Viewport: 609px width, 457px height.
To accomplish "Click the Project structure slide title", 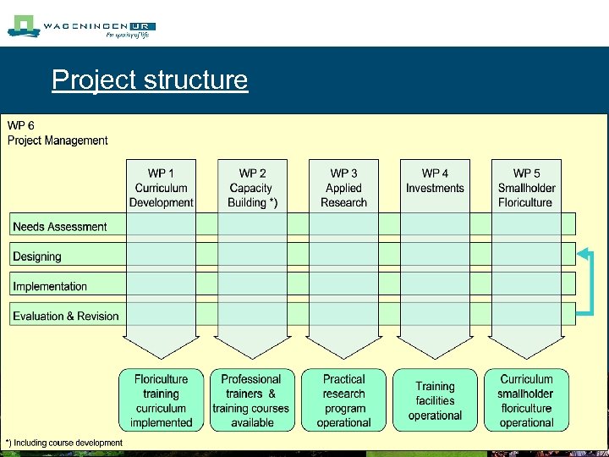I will coord(150,80).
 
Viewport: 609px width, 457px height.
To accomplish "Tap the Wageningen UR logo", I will coord(81,27).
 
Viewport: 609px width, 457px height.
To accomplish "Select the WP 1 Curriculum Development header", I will coord(161,188).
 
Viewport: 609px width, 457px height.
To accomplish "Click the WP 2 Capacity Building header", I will coord(252,188).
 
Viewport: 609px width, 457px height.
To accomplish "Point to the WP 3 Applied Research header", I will coord(343,188).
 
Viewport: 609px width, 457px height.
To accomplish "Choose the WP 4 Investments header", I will coord(435,181).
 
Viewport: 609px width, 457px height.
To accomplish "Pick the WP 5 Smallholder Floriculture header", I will coord(526,188).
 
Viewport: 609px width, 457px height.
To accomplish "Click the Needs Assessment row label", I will coord(60,227).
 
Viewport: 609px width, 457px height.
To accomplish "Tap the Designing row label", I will coord(37,256).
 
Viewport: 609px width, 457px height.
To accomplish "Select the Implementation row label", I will coord(50,286).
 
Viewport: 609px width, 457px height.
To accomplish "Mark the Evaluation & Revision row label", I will coord(66,317).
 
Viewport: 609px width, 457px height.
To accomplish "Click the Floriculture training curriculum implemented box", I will coord(161,400).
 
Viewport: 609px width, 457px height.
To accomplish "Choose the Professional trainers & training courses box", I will coord(251,400).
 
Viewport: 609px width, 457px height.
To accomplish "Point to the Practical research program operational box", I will coord(343,400).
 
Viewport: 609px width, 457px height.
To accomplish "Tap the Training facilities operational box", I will coord(435,400).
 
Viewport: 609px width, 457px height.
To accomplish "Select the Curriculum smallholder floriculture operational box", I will coord(526,400).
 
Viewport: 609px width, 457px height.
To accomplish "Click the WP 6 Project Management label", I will coord(58,133).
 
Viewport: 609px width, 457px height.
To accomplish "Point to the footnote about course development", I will coord(64,443).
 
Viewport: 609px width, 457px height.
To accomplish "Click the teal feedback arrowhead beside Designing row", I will coord(583,252).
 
